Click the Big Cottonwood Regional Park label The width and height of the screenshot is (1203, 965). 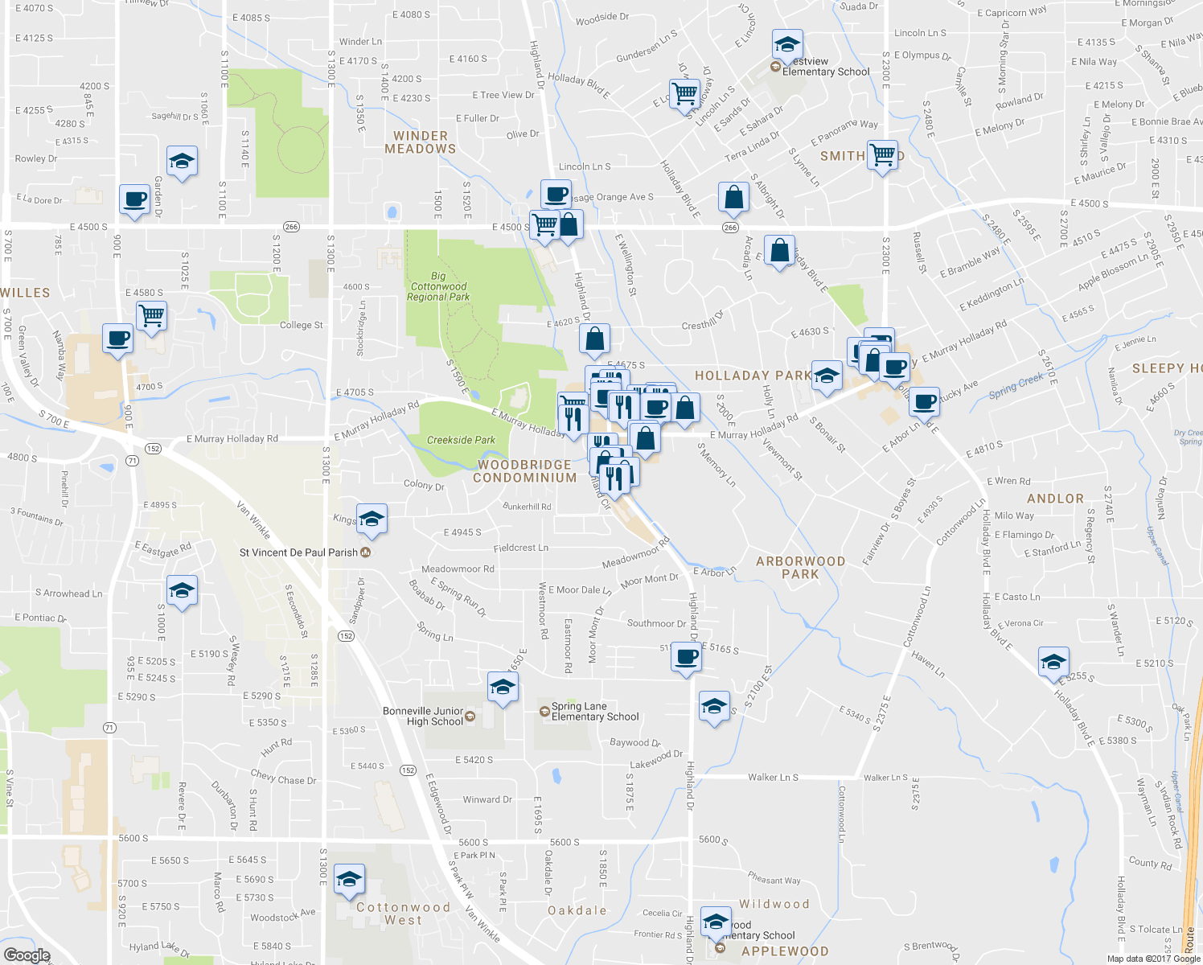(438, 286)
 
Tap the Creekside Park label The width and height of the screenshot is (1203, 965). (461, 440)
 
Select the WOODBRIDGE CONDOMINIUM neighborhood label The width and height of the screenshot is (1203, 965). (524, 471)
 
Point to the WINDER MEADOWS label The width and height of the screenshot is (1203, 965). (420, 142)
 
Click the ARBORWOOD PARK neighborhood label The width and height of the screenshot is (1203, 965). (800, 568)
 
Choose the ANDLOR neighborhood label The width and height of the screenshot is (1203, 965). (1055, 499)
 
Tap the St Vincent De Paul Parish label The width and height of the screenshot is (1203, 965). (298, 552)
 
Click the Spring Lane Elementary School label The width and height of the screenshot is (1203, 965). (595, 712)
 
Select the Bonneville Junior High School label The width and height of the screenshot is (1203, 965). (423, 717)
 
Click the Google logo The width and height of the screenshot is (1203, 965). (27, 955)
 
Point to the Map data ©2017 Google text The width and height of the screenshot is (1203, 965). (1153, 959)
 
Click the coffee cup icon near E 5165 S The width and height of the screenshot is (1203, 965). (686, 657)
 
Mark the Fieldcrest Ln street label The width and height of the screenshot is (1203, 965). (520, 548)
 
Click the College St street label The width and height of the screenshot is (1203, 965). (301, 325)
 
